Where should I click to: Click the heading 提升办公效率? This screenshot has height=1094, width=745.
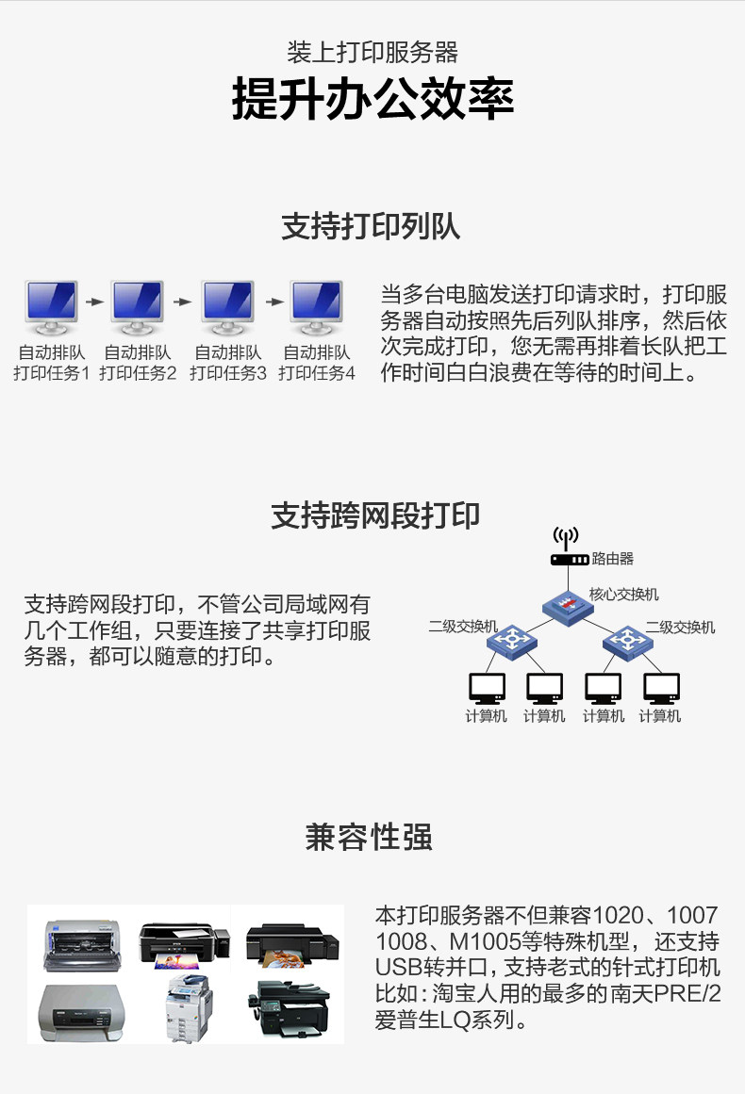[x=372, y=100]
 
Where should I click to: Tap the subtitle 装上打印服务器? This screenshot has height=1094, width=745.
[x=372, y=52]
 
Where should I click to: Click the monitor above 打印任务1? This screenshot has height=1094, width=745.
[x=52, y=307]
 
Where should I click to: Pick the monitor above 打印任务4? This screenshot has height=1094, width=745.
[x=317, y=307]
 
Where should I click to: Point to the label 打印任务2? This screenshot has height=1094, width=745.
[x=138, y=373]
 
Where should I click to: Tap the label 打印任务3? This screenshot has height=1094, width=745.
[x=228, y=373]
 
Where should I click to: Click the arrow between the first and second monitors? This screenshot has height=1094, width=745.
[x=94, y=302]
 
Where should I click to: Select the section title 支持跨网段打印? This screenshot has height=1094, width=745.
[x=375, y=514]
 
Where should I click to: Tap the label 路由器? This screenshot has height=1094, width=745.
[x=613, y=559]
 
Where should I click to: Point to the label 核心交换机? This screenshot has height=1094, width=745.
[x=624, y=595]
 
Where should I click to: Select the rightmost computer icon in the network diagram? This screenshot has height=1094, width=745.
[x=661, y=689]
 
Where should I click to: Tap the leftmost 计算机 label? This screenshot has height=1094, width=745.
[x=487, y=716]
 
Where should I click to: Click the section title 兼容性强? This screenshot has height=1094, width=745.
[x=369, y=837]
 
